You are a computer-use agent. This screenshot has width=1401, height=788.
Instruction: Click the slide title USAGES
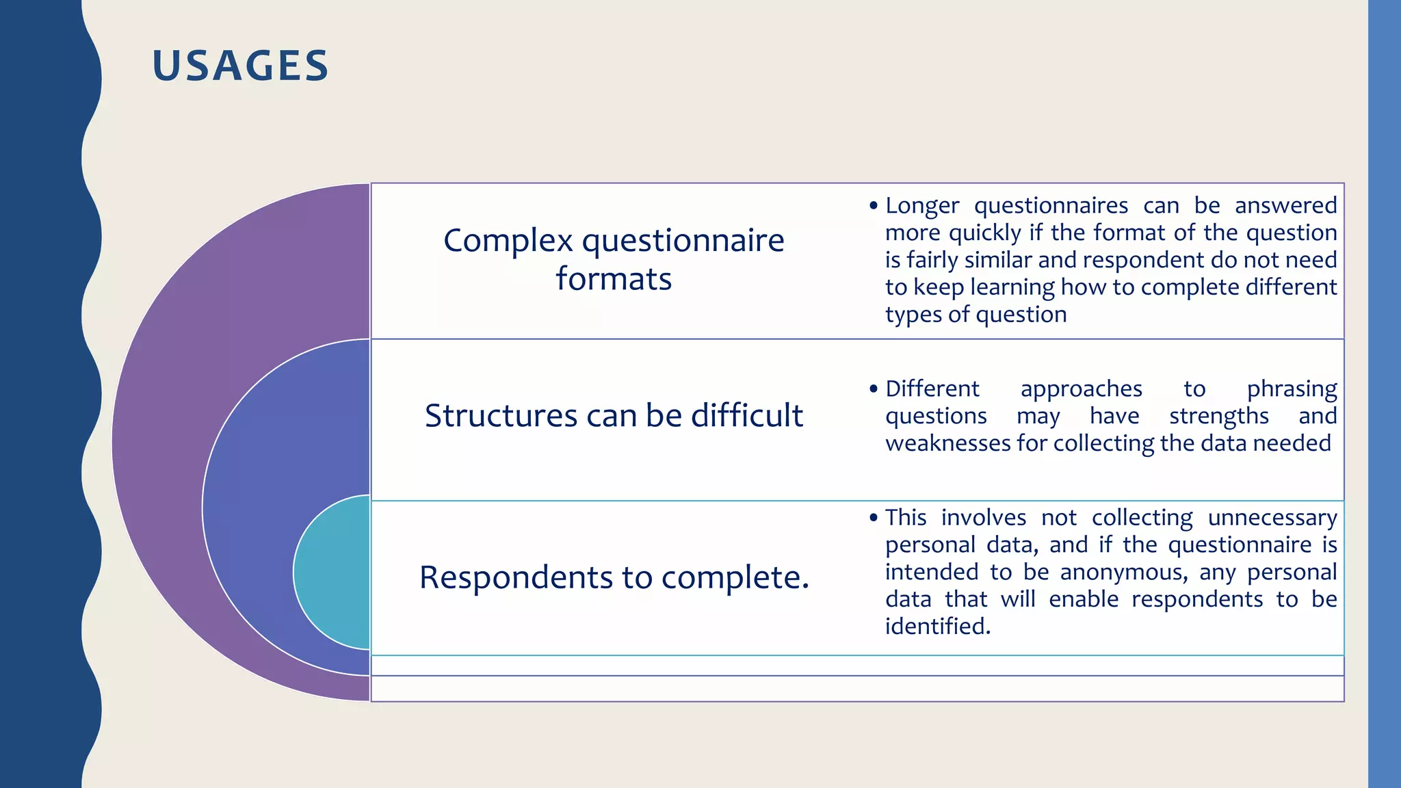click(x=240, y=66)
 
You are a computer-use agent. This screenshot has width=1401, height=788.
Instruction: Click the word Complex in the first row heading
click(x=508, y=241)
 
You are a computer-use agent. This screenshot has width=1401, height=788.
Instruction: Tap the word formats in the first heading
click(x=614, y=279)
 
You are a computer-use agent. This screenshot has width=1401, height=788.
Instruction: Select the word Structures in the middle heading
click(x=501, y=416)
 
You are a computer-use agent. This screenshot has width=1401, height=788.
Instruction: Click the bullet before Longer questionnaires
click(x=873, y=206)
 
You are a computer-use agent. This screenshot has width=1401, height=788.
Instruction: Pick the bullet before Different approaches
click(x=873, y=389)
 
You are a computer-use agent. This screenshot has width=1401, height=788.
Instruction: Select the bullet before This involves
click(x=873, y=518)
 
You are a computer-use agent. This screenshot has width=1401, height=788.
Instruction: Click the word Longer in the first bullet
click(x=921, y=206)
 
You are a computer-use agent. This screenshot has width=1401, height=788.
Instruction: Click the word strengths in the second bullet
click(x=1218, y=416)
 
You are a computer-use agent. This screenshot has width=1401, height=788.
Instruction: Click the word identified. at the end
click(x=937, y=627)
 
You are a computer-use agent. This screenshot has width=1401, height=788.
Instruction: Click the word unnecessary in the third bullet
click(x=1272, y=518)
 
